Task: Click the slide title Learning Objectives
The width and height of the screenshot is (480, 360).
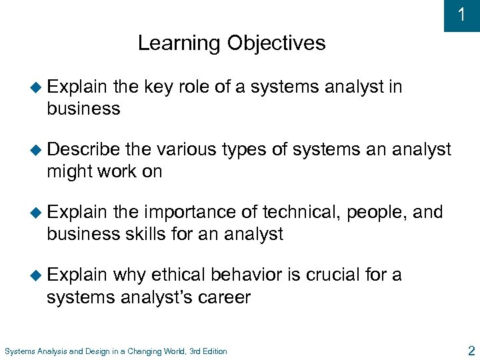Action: (x=231, y=43)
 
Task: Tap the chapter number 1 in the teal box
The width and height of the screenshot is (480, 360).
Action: (x=461, y=15)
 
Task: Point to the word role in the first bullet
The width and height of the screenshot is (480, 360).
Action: (x=197, y=87)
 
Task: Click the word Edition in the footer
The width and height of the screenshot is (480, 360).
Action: (x=213, y=351)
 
